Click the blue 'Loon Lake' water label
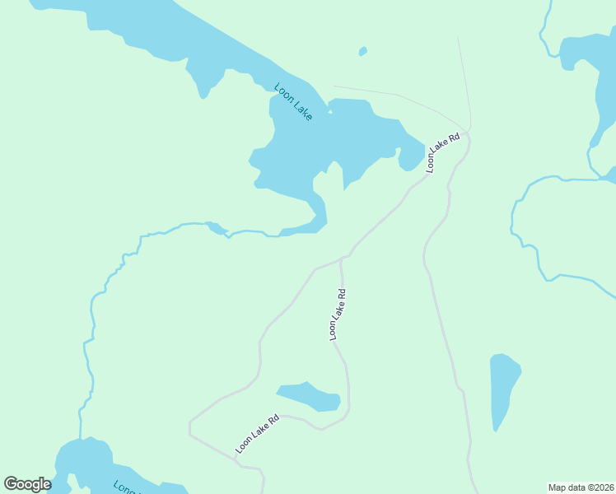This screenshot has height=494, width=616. [293, 102]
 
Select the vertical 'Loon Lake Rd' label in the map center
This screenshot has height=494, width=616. [337, 314]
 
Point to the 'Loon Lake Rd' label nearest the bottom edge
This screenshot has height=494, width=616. [258, 433]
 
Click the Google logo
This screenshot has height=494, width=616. [27, 484]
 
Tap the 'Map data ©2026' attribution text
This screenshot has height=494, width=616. [581, 487]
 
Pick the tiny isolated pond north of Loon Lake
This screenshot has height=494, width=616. [362, 52]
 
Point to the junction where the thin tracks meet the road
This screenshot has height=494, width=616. [469, 131]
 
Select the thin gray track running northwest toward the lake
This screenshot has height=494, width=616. [395, 94]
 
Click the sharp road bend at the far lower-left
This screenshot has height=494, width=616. [190, 425]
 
